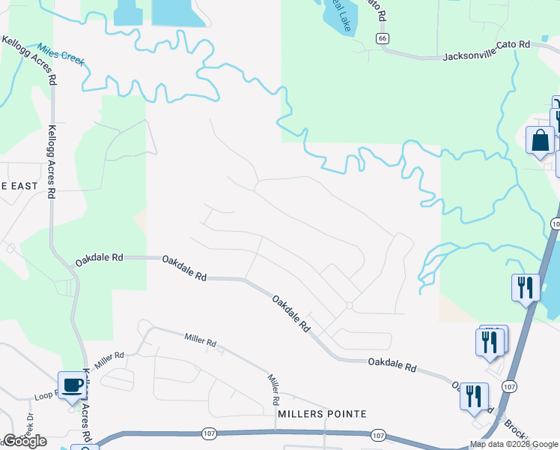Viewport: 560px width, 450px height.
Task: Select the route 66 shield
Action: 382,38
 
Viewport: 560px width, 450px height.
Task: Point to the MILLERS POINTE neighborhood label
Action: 322,414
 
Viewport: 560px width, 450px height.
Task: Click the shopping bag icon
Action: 540,141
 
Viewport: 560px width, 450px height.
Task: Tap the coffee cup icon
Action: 73,385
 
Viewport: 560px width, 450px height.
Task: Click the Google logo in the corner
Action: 24,440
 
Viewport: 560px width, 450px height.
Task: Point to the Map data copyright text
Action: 514,444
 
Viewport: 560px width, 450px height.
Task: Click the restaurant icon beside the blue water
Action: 526,287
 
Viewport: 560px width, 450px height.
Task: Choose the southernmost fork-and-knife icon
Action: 473,395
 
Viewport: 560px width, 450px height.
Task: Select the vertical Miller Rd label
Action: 274,389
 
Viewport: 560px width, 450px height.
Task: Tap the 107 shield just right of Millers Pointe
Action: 378,435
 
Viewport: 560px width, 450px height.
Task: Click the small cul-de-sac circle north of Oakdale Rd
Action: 349,305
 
